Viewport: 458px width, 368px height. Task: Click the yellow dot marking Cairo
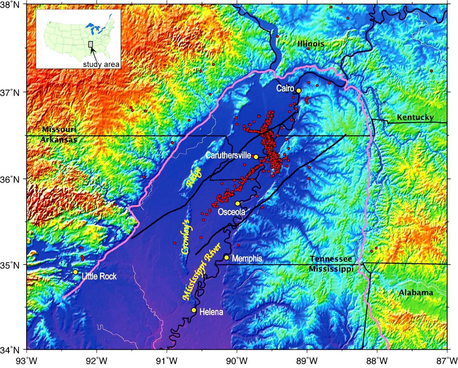pyautogui.click(x=298, y=90)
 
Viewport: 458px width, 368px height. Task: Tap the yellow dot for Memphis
pyautogui.click(x=226, y=258)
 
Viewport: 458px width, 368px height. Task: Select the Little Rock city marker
pyautogui.click(x=75, y=272)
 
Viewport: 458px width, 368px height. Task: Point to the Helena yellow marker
pyautogui.click(x=194, y=310)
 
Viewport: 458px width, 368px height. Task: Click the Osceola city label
pyautogui.click(x=231, y=212)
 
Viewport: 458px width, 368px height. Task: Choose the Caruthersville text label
pyautogui.click(x=228, y=155)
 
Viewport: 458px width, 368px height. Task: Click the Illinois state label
pyautogui.click(x=311, y=44)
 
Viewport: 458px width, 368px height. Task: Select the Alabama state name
pyautogui.click(x=416, y=293)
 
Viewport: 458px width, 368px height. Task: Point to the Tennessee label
pyautogui.click(x=331, y=259)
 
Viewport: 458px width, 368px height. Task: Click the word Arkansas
pyautogui.click(x=59, y=140)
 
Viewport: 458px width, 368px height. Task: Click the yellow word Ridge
pyautogui.click(x=194, y=177)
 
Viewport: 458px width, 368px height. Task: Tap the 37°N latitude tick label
pyautogui.click(x=13, y=92)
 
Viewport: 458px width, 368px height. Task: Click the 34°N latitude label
pyautogui.click(x=13, y=349)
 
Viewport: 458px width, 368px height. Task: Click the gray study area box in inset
pyautogui.click(x=91, y=44)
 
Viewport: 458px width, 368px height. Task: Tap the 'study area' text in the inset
pyautogui.click(x=101, y=64)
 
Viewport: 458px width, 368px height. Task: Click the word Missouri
pyautogui.click(x=59, y=130)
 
